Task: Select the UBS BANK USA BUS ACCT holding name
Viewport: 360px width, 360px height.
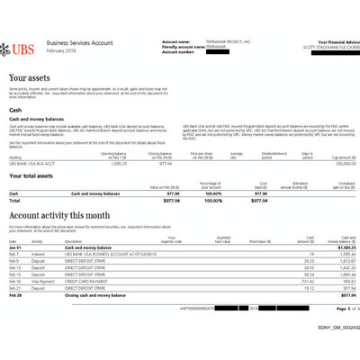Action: pyautogui.click(x=32, y=162)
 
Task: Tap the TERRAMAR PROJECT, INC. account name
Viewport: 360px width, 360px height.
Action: pyautogui.click(x=225, y=40)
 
